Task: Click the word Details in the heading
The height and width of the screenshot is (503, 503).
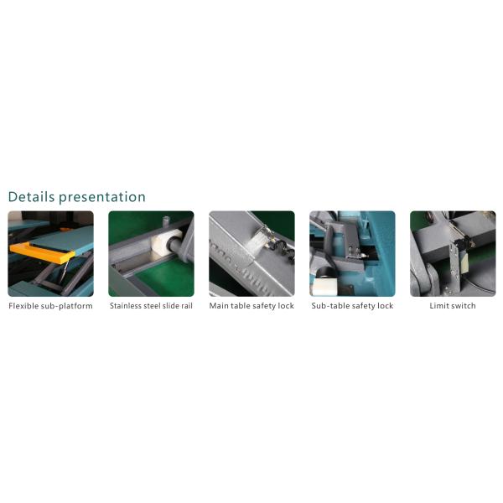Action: coord(32,197)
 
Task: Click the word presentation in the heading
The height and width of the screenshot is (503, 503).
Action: coord(102,198)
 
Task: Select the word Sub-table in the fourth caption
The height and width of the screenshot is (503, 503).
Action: coord(329,306)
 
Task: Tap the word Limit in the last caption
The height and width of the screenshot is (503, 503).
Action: coord(438,306)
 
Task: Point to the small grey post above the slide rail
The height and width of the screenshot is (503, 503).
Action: coord(166,221)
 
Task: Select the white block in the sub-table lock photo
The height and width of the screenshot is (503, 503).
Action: coord(324,286)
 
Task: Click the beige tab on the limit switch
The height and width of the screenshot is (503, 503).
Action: coord(464,262)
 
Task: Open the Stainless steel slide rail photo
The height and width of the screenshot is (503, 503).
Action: coord(151,253)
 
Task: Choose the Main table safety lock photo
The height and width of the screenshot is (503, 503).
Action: coord(251,253)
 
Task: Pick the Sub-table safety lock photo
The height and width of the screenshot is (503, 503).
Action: coord(352,253)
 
